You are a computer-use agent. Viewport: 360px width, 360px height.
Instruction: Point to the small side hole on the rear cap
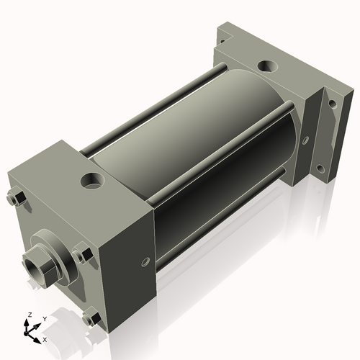coord(305,140)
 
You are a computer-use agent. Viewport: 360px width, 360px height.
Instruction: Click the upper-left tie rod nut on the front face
coord(17,197)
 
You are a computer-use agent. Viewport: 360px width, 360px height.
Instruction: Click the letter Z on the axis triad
coord(28,315)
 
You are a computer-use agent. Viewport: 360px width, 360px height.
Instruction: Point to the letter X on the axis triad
coord(45,338)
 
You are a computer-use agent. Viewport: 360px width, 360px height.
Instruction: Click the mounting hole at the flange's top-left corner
coord(225,30)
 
